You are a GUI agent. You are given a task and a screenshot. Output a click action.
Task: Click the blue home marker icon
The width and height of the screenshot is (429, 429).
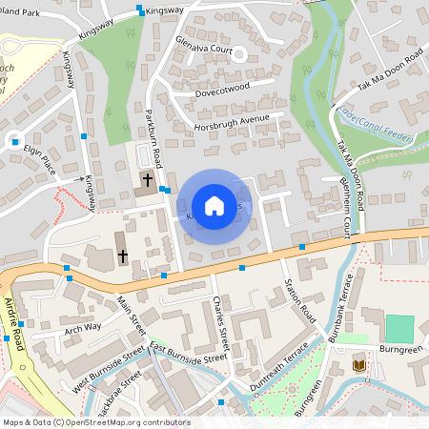(x=214, y=206)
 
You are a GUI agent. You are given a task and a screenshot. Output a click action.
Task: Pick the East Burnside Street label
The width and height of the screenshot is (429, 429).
(x=188, y=352)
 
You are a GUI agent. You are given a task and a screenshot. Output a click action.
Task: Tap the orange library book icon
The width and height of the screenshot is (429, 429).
(x=359, y=365)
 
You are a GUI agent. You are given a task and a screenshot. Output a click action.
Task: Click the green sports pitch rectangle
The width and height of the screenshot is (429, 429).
(x=401, y=329)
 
